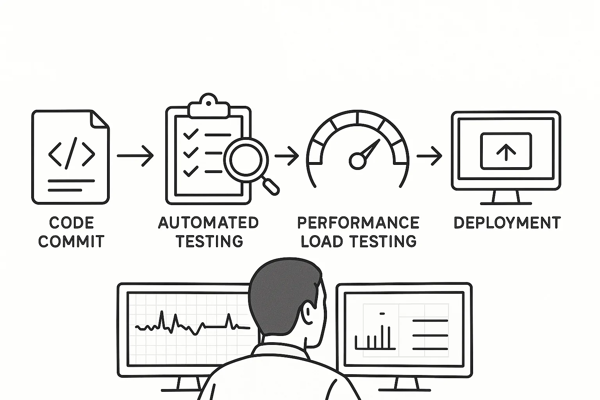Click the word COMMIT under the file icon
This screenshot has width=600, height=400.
click(x=71, y=241)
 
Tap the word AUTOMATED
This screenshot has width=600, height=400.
click(x=208, y=223)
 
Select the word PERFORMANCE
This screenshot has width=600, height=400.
click(x=358, y=223)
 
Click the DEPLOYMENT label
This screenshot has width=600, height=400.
click(x=507, y=223)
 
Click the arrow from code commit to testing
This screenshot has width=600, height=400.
click(x=135, y=155)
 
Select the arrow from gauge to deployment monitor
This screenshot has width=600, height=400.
click(x=429, y=156)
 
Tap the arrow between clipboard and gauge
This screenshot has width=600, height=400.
click(x=287, y=156)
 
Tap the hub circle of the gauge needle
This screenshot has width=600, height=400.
click(x=357, y=161)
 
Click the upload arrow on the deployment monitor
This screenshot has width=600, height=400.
click(x=506, y=152)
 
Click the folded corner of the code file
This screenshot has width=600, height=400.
click(x=100, y=120)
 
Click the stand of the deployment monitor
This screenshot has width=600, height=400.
click(x=506, y=197)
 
